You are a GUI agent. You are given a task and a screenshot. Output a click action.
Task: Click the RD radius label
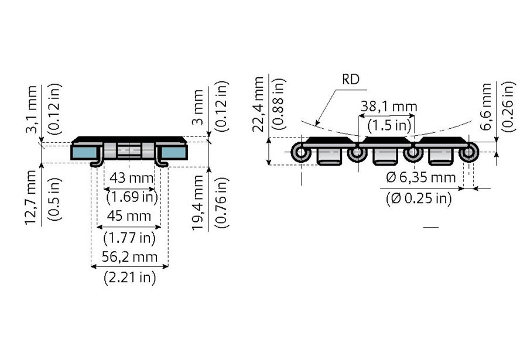point(351,80)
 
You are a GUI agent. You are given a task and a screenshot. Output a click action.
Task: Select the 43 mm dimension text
point(131,178)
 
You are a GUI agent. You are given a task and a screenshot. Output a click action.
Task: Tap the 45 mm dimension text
point(129,216)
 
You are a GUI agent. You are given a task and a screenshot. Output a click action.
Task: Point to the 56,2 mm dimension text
point(129,257)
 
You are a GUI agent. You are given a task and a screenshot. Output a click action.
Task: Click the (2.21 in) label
point(130,277)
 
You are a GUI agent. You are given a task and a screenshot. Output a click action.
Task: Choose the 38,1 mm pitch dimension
point(389,107)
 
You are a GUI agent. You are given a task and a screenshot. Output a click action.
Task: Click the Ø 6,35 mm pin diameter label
point(421,177)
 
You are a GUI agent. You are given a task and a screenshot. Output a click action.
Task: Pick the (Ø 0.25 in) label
point(419,198)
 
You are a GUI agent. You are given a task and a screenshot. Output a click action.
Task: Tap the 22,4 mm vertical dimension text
point(259,104)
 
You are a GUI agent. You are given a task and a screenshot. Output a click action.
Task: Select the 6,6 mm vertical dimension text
point(487,107)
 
